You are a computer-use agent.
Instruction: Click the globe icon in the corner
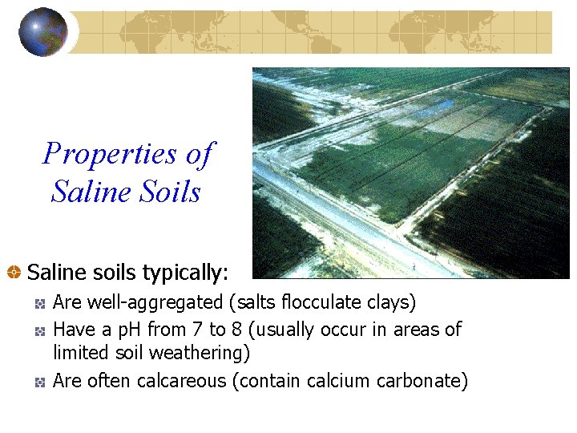(43, 32)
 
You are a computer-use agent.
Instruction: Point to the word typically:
(186, 273)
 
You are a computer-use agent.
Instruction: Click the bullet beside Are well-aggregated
(40, 304)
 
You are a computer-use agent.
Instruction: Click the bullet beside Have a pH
(40, 330)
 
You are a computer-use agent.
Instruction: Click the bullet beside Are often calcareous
(40, 382)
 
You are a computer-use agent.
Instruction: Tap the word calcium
(337, 381)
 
